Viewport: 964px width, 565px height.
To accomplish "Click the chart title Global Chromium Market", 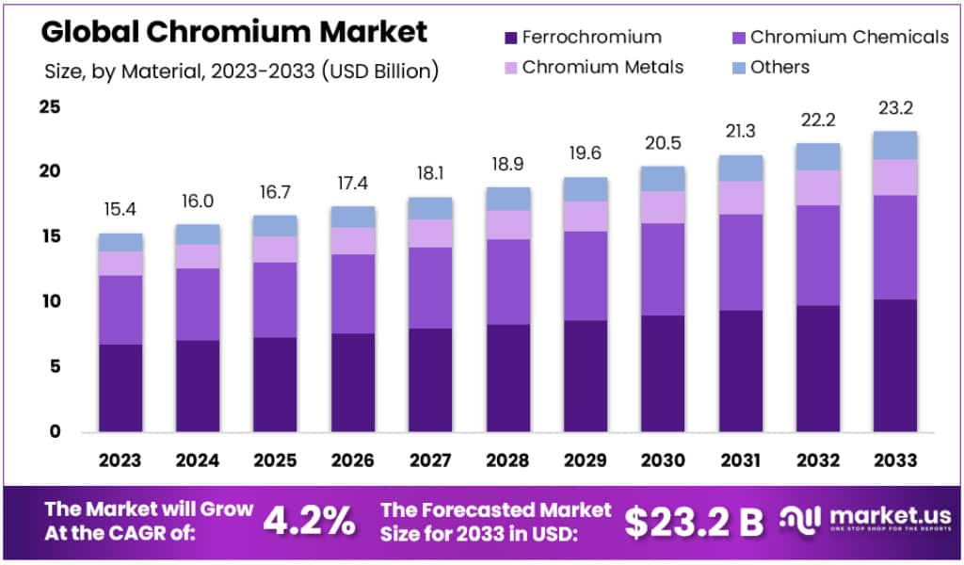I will tap(233, 31).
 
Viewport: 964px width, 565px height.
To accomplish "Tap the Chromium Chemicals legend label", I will tap(850, 38).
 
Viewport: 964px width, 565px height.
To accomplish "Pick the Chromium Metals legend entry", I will tap(602, 67).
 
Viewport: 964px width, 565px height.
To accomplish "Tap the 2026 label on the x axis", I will tap(352, 460).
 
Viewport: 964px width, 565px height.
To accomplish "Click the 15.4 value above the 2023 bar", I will tap(120, 208).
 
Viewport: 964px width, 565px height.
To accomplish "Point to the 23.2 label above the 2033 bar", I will tap(893, 107).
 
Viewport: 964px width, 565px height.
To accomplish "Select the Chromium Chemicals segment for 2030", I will tap(662, 269).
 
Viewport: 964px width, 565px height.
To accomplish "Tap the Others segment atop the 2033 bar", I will tap(893, 145).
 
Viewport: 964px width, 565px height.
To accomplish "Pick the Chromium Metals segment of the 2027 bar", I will tap(429, 234).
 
